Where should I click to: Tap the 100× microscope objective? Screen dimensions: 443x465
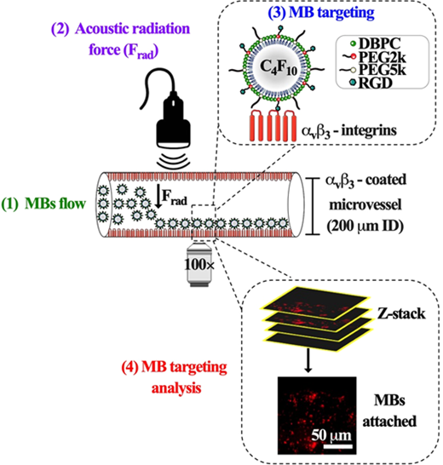coord(198,265)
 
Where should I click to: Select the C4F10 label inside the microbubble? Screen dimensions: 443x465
coord(279,67)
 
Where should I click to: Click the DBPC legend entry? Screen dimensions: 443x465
coord(376,43)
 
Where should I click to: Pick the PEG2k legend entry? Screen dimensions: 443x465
coord(375,57)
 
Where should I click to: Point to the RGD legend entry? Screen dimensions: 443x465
coord(371,83)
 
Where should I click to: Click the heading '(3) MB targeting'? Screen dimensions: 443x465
coord(321,13)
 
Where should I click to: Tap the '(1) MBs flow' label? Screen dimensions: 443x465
coord(43,204)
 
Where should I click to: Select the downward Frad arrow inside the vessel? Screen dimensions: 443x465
coord(158,196)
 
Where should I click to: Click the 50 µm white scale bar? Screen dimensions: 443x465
coord(337,446)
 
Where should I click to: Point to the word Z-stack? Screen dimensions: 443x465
coord(401,313)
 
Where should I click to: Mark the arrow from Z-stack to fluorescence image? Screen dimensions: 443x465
coord(308,360)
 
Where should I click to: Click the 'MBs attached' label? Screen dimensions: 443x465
coord(389,410)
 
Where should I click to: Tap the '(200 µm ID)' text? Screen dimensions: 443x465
coord(365,227)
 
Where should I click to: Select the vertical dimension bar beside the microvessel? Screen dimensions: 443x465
coord(314,206)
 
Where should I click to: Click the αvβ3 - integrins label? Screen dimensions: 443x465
coord(349,130)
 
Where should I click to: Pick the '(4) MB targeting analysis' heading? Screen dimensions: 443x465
coord(175,377)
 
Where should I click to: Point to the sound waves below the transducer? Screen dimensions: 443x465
coord(173,161)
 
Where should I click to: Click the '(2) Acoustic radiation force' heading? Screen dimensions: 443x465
coord(120,40)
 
